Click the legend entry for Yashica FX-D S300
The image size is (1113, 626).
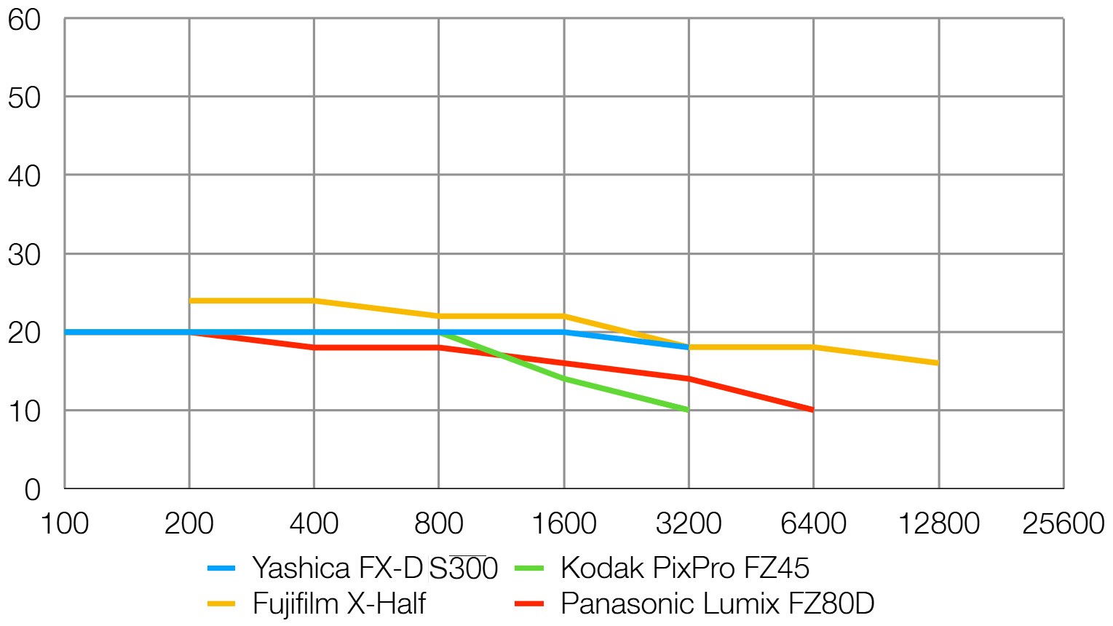pos(374,568)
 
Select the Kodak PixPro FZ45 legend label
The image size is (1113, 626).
pos(684,568)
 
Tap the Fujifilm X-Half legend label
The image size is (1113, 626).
pos(338,604)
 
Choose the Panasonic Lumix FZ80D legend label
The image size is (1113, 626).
pos(717,604)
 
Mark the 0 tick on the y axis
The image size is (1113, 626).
pos(32,490)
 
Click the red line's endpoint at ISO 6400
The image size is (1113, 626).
pos(813,410)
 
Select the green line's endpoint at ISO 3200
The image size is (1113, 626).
pos(689,410)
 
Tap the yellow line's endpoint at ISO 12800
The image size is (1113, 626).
pos(938,362)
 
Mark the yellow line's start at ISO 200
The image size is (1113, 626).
pos(189,301)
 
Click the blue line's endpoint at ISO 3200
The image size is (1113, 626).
pos(689,347)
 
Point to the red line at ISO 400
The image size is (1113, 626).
pos(314,348)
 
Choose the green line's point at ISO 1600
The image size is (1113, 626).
pos(564,379)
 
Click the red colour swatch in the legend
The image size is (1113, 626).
pos(529,604)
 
